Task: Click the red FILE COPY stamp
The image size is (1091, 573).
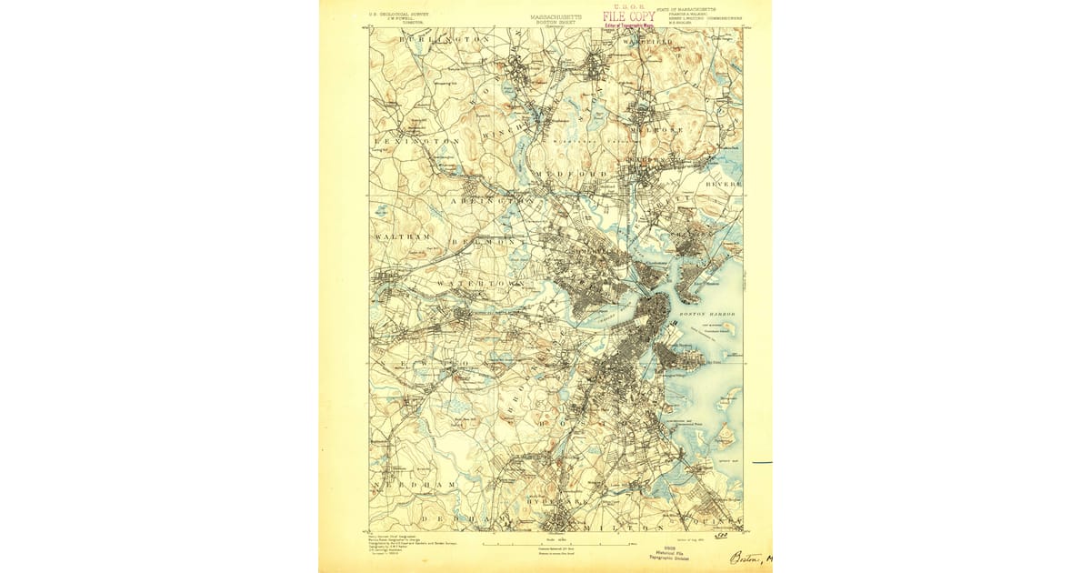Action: point(628,16)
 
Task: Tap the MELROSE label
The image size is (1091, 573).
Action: point(665,130)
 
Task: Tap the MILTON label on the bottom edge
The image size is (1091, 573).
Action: point(628,528)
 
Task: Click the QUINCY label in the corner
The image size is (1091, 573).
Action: point(724,524)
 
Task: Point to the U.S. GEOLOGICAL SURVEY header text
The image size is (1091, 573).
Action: point(397,15)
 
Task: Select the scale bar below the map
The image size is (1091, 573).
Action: point(555,544)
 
